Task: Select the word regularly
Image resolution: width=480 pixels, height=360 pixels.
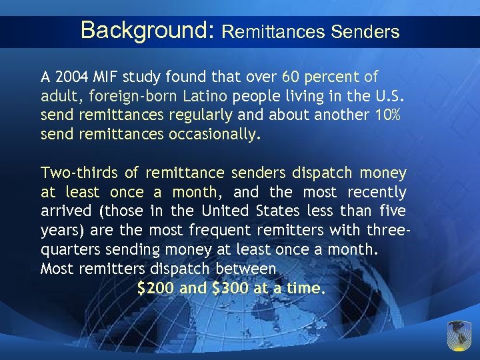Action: (x=201, y=115)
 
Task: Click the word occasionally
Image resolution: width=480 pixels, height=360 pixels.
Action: (x=211, y=135)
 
